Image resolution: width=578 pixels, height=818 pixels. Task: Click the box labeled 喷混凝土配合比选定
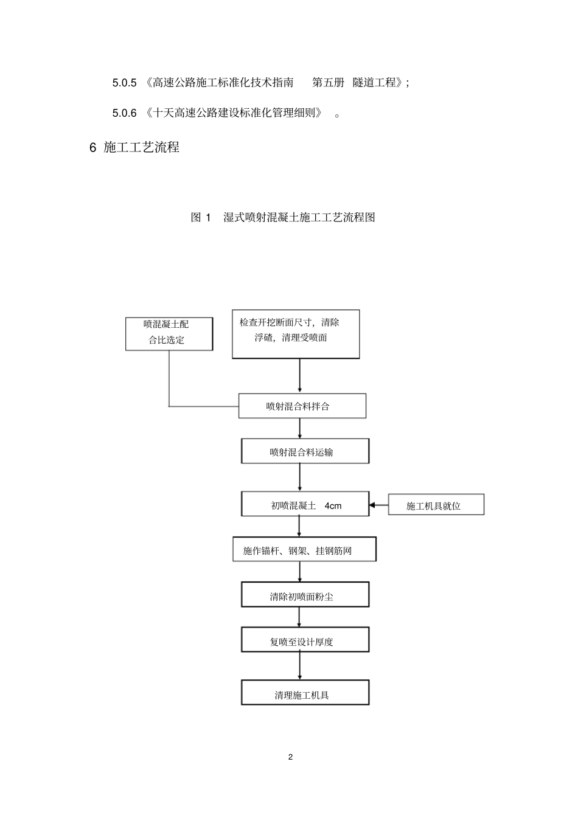169,333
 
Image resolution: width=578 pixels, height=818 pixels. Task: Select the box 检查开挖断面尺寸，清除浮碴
296,333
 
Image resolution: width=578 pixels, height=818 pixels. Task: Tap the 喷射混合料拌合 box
302,406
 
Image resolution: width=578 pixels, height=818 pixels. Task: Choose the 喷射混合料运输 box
305,451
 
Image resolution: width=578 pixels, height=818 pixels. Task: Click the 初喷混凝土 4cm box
305,504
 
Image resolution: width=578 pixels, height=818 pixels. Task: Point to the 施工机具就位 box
436,505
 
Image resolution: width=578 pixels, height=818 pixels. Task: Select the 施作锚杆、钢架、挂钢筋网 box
304,549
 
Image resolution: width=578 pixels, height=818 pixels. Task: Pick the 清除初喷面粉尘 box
305,595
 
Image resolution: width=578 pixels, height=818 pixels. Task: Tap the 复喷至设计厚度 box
305,640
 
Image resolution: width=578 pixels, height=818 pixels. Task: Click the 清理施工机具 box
305,693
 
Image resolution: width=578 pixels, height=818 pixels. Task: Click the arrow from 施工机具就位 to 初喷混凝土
378,505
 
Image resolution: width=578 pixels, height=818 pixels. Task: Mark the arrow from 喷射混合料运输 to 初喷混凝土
300,477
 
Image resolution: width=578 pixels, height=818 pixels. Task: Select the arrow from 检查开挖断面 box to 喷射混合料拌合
300,376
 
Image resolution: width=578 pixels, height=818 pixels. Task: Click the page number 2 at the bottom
290,757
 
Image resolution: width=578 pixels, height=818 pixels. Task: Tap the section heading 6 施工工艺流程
134,147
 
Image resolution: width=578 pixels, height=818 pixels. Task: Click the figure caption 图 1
201,217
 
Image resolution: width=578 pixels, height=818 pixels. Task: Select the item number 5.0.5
124,83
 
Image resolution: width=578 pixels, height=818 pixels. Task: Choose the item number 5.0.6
124,113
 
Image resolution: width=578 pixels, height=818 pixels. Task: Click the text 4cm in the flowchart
333,505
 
